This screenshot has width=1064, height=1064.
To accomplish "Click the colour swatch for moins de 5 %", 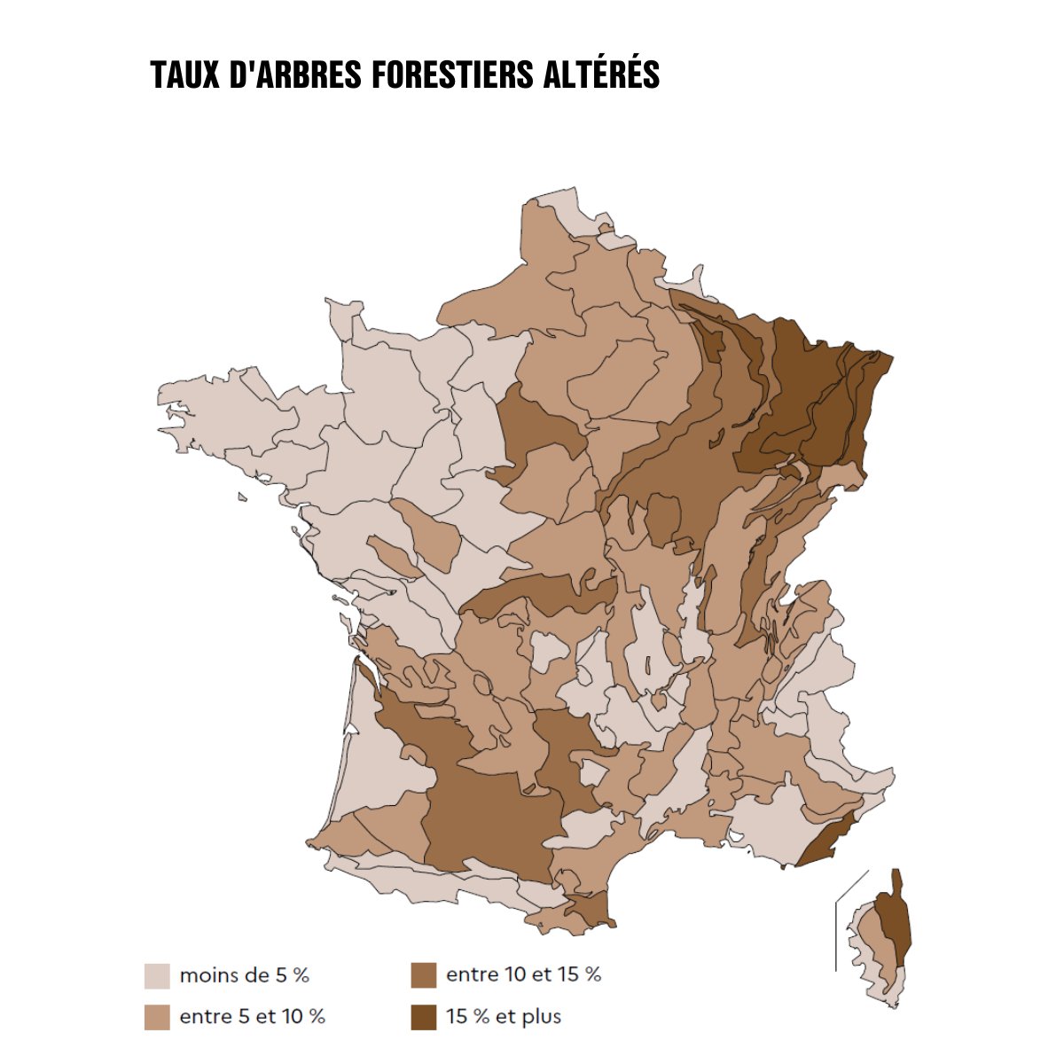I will coord(157,975).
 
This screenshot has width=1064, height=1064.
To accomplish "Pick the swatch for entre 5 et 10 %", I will coord(157,1017).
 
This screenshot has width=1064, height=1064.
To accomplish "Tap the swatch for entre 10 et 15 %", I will coord(424,975).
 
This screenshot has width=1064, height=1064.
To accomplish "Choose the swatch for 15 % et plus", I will coord(424,1017).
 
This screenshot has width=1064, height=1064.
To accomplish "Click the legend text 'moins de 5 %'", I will coord(245,975).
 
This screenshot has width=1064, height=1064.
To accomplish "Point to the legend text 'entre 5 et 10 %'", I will coord(253,1017).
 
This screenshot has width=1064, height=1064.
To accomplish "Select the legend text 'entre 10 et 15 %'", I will coord(523,975).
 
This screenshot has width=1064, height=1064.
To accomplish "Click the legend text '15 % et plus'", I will coord(504,1017).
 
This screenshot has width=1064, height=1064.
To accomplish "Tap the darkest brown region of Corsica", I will coord(897,922).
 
